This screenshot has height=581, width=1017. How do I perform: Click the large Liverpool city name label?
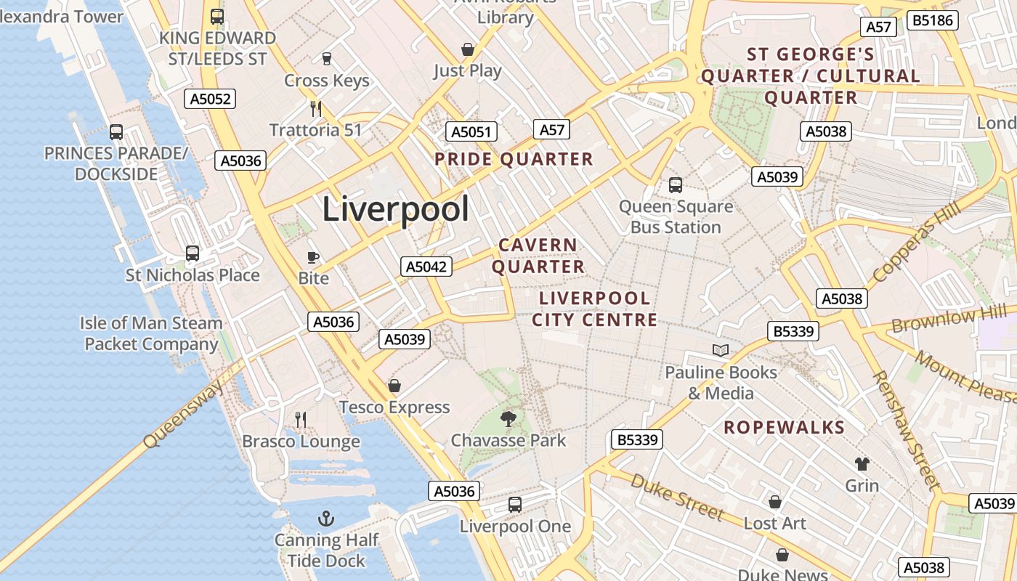(395, 209)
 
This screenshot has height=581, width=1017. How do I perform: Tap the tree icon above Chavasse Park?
(508, 418)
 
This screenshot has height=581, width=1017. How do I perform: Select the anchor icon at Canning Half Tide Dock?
(326, 519)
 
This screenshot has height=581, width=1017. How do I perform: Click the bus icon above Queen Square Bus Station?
(676, 184)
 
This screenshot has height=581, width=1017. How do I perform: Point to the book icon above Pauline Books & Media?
(721, 351)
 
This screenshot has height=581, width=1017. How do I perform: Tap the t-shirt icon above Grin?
(862, 463)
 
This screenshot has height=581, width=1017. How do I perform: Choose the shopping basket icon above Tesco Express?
(394, 385)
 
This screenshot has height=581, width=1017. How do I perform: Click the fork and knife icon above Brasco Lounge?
(301, 419)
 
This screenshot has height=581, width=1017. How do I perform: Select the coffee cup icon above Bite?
(313, 256)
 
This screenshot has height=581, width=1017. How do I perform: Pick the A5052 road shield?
(211, 99)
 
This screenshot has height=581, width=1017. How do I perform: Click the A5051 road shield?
(471, 131)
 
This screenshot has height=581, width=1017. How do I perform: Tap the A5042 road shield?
(426, 267)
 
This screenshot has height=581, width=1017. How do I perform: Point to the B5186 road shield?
(933, 20)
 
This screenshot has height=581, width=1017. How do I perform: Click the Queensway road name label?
(184, 415)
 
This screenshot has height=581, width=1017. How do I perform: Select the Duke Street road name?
(677, 497)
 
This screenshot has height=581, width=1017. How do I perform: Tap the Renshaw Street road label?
(905, 430)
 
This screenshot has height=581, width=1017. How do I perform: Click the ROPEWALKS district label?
(785, 427)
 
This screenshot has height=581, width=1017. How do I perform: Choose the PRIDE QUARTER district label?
(514, 159)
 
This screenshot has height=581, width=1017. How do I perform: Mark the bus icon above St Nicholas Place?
(193, 253)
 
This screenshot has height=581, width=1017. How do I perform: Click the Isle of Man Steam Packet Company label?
(151, 333)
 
